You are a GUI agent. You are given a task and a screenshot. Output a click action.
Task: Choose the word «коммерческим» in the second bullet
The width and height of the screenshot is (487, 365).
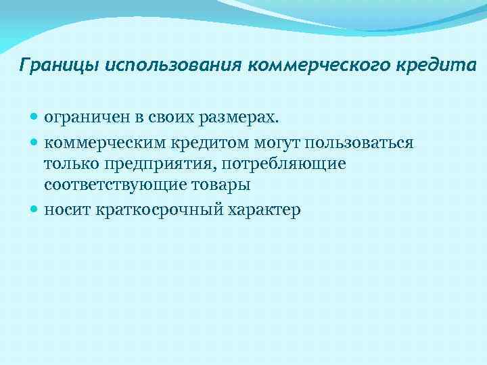coord(99,144)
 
